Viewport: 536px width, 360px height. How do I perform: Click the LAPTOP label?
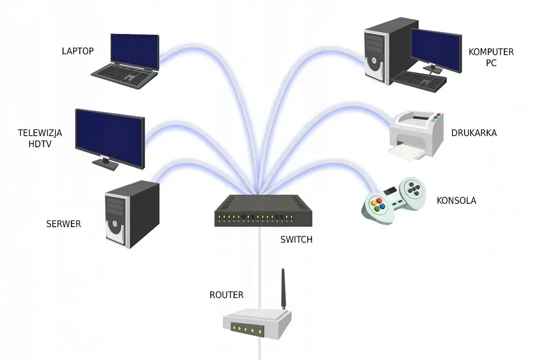pos(78,51)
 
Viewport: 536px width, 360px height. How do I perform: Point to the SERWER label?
pos(64,224)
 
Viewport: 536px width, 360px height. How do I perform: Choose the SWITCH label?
pos(296,240)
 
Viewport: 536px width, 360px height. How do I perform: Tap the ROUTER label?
pos(226,294)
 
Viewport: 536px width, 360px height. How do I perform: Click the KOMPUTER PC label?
pos(491,57)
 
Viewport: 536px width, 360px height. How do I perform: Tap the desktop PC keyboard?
pos(419,80)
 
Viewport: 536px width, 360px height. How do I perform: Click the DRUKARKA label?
pos(474,133)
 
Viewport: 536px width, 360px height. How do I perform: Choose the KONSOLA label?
pos(456,200)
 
